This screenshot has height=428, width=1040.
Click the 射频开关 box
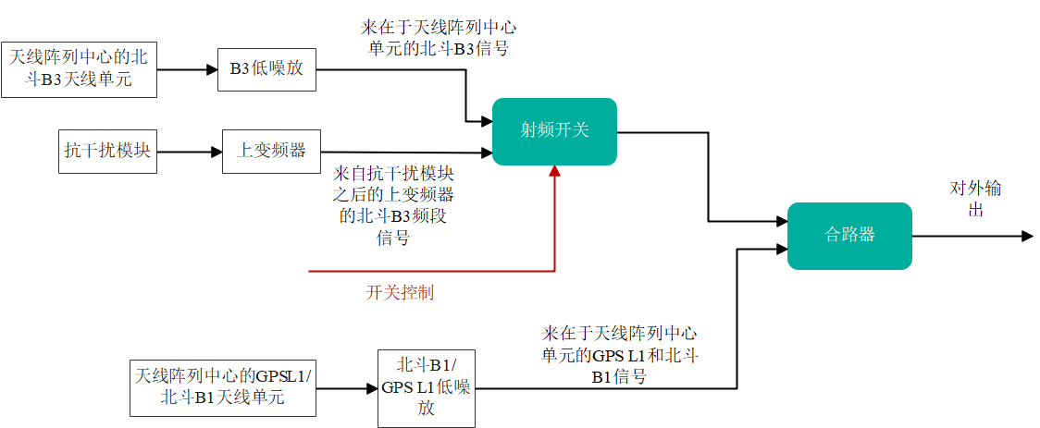tap(554, 131)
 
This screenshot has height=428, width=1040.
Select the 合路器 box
tap(849, 236)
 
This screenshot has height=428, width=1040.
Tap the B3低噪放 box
tap(266, 69)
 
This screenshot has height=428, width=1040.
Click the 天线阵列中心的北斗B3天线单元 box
tap(79, 69)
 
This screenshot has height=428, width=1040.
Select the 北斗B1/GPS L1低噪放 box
tap(427, 388)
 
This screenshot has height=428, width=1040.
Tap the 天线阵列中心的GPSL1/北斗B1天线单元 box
tap(223, 388)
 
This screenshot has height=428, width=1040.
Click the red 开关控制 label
tap(400, 293)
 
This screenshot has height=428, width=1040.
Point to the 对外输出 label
tap(975, 199)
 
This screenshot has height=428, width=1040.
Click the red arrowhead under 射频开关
tap(554, 171)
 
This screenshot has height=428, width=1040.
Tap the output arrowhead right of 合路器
tap(1026, 237)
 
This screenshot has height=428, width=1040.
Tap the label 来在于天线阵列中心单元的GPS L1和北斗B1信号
tap(619, 354)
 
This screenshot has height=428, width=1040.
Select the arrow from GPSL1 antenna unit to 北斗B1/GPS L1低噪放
tap(346, 388)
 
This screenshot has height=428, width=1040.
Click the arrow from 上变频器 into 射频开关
tap(407, 152)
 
